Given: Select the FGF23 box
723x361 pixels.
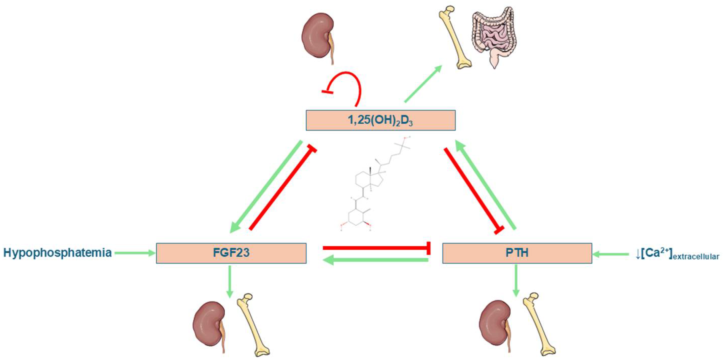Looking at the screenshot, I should point(231,253).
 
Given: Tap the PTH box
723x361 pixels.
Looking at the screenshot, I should point(517,253).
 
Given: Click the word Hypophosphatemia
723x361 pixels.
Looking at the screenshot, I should point(57,253).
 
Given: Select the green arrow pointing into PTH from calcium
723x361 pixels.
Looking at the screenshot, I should point(610,254).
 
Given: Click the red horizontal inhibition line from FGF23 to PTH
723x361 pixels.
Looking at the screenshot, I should point(376,248).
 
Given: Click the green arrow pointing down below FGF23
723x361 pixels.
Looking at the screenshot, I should point(230,281).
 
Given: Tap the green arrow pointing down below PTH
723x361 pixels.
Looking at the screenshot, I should point(516,281).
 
